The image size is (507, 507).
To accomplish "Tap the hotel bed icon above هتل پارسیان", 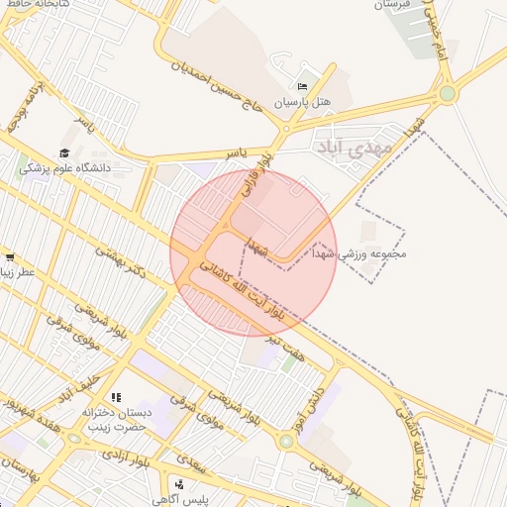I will [303, 87].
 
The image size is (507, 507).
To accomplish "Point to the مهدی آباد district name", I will [354, 147].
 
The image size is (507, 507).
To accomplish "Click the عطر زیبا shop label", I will [19, 271].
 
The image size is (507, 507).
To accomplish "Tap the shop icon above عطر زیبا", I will [9, 257].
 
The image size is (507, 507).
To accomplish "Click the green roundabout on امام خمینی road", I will [448, 94].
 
